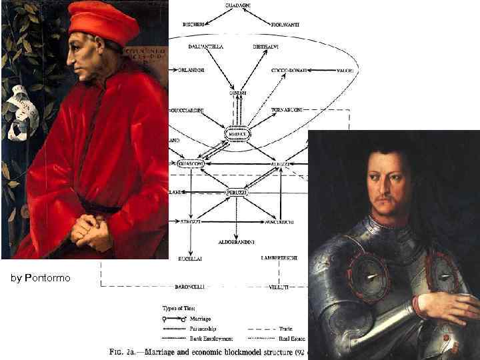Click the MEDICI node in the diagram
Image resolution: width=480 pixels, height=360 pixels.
237,133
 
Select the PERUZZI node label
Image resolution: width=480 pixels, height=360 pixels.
237,193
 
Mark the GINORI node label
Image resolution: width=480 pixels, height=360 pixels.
238,92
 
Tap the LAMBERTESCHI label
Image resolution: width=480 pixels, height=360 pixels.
280,257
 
